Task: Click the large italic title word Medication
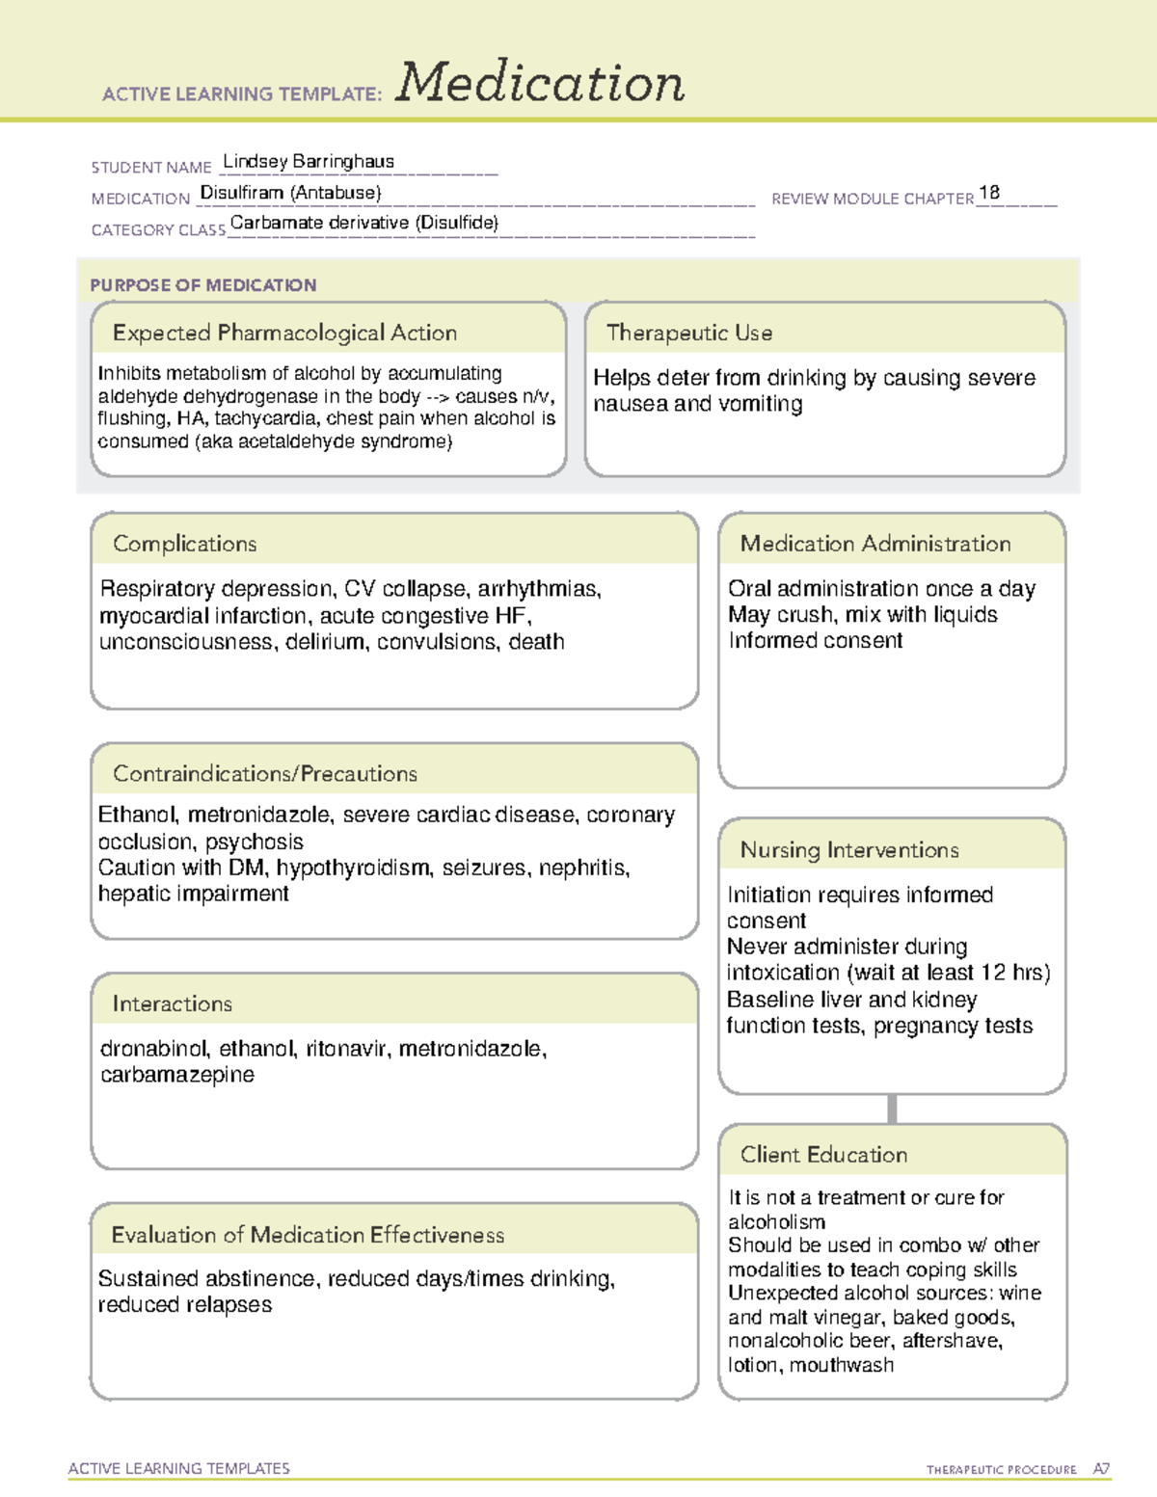[540, 83]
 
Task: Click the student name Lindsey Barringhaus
[309, 161]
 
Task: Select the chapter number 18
[988, 193]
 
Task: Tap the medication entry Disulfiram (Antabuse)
[290, 193]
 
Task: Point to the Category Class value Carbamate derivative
[363, 223]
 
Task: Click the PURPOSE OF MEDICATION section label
[202, 285]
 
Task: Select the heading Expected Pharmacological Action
[284, 333]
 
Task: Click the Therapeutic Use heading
[688, 333]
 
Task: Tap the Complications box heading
[184, 544]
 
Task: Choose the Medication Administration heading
[874, 544]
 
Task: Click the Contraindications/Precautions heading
[264, 773]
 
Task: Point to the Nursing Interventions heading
[848, 849]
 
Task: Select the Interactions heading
[172, 1003]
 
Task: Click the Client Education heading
[823, 1155]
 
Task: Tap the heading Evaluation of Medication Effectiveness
[308, 1235]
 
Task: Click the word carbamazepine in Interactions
[177, 1075]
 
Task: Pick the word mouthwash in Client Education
[841, 1365]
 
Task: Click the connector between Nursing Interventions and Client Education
[892, 1109]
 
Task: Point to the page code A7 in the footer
[1100, 1469]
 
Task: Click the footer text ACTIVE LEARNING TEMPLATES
[178, 1468]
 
